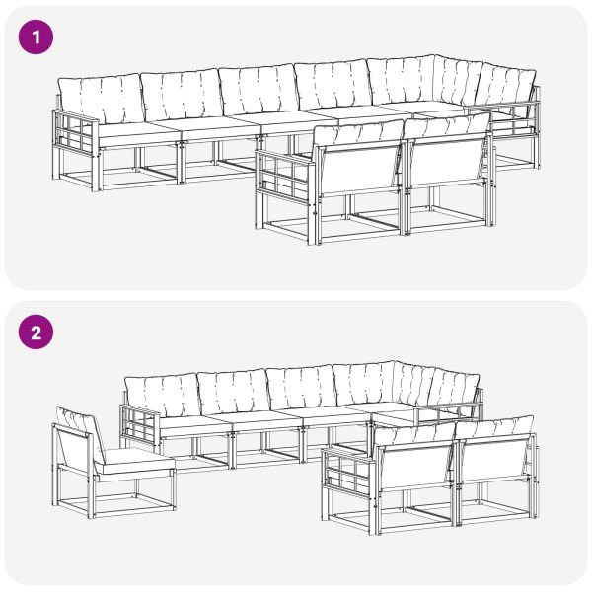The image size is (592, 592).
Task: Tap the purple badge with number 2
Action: click(x=37, y=332)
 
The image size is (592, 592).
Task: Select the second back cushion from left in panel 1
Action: click(x=180, y=94)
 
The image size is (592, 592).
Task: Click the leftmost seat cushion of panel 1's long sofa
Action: click(x=133, y=131)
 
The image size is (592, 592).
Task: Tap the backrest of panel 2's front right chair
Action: click(x=492, y=457)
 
